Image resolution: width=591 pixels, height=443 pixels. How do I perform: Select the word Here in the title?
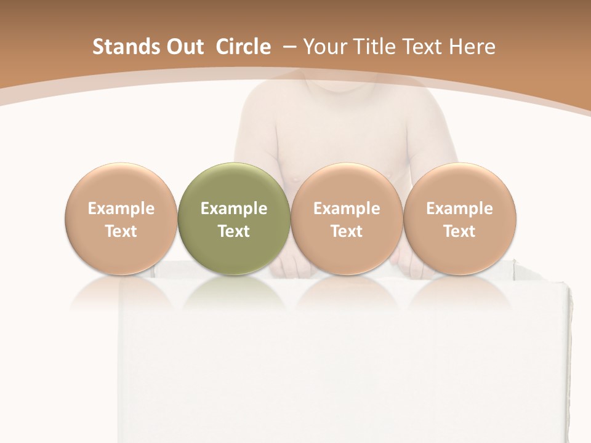[472, 47]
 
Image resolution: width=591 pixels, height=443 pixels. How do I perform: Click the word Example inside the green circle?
[234, 209]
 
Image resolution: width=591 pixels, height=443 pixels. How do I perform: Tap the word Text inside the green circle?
[234, 231]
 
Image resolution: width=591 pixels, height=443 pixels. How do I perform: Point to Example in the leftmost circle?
[121, 209]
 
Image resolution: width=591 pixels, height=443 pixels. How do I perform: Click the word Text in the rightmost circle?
[459, 231]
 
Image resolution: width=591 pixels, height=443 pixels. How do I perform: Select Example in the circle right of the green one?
[347, 209]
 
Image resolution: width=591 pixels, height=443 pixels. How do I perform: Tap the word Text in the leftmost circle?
[121, 231]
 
